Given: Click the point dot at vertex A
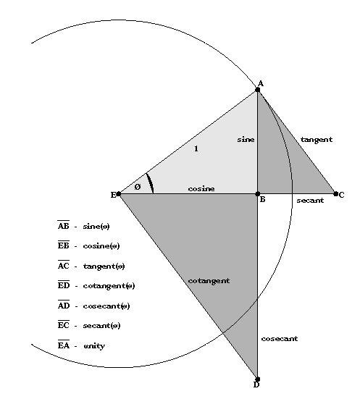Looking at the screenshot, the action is point(258,90).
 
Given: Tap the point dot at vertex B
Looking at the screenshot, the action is point(258,194).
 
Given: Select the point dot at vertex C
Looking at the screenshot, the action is point(336,194).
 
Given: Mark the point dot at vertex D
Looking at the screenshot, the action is point(258,379).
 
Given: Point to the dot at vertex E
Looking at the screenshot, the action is point(119,194).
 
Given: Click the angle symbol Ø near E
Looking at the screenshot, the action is point(138,187).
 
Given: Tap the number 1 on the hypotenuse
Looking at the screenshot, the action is point(196,148).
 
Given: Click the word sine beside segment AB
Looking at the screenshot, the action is point(246,140).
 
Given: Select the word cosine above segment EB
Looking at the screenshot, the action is point(201,188).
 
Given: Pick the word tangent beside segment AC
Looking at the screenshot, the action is point(317,140).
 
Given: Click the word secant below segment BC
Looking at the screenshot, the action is point(310,201).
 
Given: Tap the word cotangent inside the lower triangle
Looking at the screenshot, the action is point(209,281).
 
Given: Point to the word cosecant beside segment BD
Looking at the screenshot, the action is point(280,339).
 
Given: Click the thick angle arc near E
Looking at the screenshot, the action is point(151,182).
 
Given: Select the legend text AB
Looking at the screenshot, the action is point(64,225).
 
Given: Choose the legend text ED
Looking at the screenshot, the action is point(64,285).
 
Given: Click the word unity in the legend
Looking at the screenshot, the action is point(94,346).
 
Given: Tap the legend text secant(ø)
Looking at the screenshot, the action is point(101,326).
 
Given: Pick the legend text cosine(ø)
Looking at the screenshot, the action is point(101,246).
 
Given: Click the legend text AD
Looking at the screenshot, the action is point(64,305).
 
